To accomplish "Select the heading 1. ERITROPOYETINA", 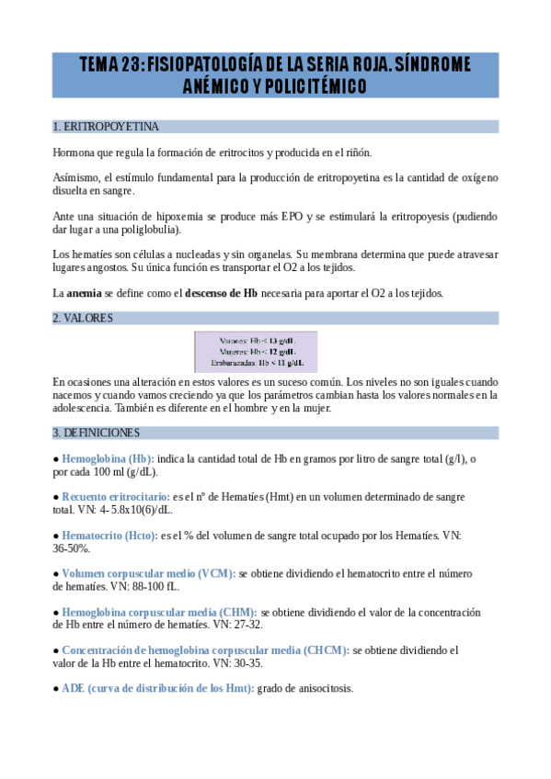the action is [106, 127].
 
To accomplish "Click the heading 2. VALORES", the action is [83, 318].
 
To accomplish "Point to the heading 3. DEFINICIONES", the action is [97, 433].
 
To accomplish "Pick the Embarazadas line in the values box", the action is [256, 363].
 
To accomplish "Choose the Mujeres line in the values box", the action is [256, 351].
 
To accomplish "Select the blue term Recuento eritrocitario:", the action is [117, 496].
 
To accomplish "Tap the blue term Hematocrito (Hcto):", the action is [109, 535].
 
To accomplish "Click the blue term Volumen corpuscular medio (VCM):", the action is [148, 573].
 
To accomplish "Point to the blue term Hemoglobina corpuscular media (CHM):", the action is [159, 612].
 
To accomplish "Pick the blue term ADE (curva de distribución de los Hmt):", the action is [157, 688].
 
